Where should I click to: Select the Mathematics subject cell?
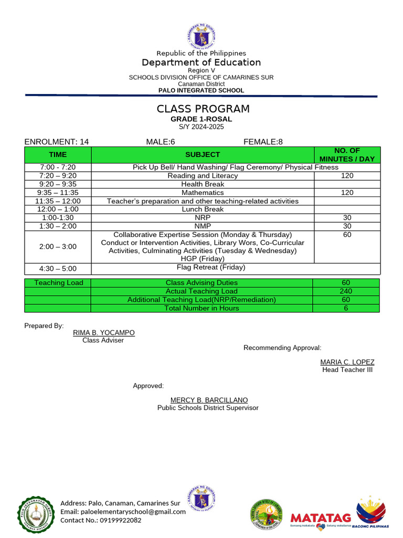point(202,193)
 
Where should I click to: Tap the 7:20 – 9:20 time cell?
point(58,175)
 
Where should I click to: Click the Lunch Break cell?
point(202,209)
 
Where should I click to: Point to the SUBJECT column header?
point(202,154)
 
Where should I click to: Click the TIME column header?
point(58,154)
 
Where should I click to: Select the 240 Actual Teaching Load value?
point(346,291)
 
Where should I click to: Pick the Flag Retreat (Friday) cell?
point(211,267)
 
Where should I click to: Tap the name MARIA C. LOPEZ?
point(347,362)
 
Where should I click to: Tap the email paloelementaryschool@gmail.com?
point(123,512)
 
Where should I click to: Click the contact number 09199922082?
point(101,520)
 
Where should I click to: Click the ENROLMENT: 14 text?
point(57,142)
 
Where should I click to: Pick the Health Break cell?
point(202,184)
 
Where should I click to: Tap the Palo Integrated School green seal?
point(36,513)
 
